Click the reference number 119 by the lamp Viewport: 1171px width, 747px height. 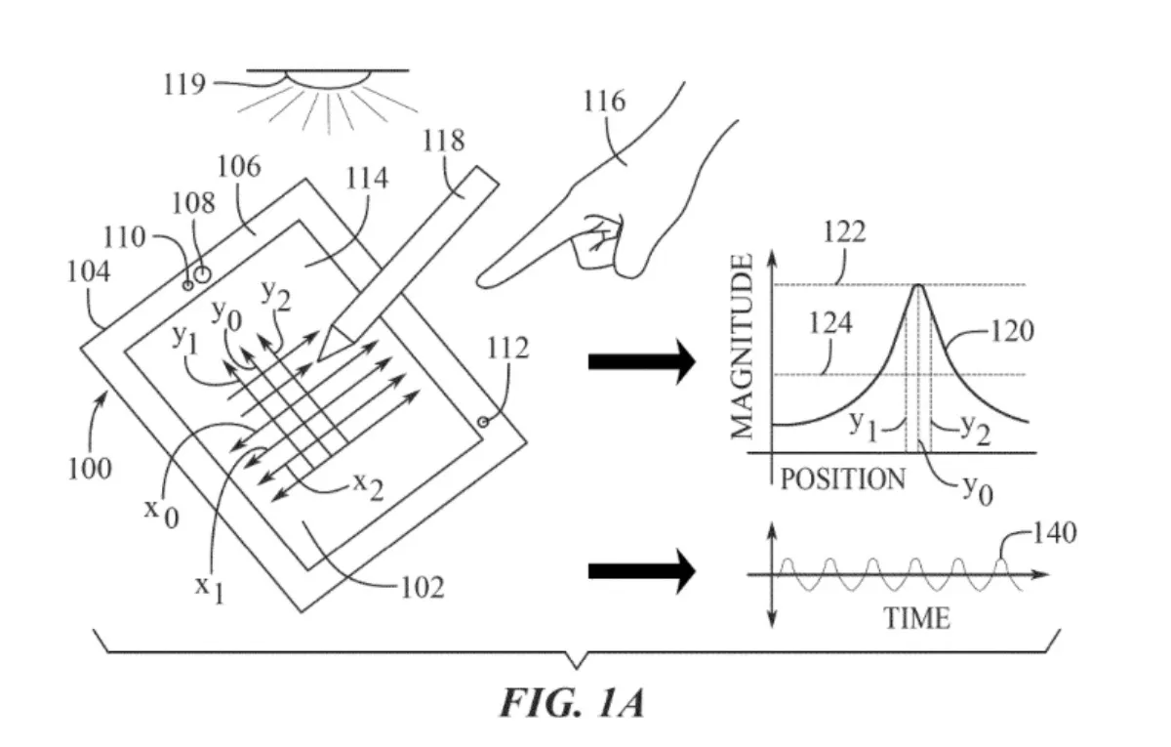tap(184, 84)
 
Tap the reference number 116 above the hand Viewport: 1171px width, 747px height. tap(604, 101)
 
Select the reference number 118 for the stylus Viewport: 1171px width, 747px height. tap(443, 141)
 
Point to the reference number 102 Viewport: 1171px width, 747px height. tap(423, 588)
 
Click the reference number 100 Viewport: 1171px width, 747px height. tap(90, 469)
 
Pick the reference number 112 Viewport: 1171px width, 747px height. tap(507, 348)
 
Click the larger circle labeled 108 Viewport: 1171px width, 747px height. tap(202, 274)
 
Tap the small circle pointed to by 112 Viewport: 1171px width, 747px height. tap(483, 422)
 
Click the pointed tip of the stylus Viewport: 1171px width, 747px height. tap(318, 360)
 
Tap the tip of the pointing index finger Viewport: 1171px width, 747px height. tap(479, 283)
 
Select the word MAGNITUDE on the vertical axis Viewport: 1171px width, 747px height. tap(742, 347)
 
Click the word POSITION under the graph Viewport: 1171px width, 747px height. tap(843, 479)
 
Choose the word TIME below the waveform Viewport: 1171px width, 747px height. tap(916, 618)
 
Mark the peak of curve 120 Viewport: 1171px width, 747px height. tap(918, 285)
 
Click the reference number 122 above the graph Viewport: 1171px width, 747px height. tap(844, 231)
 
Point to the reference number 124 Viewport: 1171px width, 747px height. tap(830, 323)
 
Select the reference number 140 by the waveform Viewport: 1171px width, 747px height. tap(1055, 533)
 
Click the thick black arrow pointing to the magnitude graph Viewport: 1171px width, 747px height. tap(642, 362)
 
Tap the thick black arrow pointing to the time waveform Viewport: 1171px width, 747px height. tap(642, 571)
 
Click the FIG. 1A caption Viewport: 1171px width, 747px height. tap(572, 703)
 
